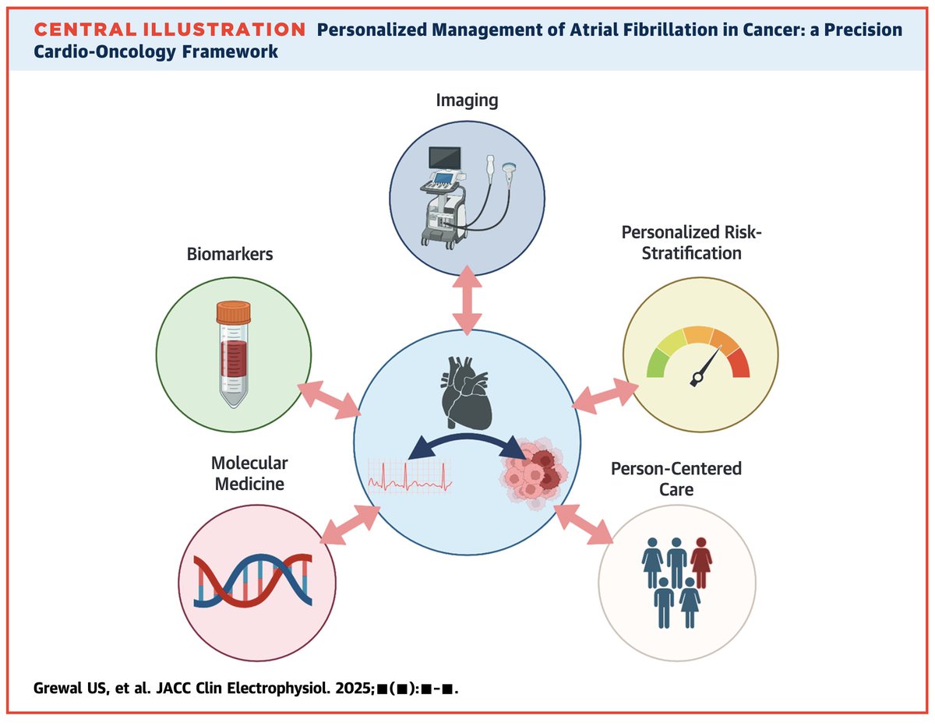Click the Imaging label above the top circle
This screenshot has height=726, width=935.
tap(467, 100)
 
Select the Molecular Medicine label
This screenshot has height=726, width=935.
tap(249, 474)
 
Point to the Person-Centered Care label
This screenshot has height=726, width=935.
tap(676, 480)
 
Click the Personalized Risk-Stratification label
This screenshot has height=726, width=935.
tap(682, 242)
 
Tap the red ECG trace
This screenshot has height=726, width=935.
tap(409, 474)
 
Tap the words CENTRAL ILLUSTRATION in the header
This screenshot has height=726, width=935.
tap(170, 30)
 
